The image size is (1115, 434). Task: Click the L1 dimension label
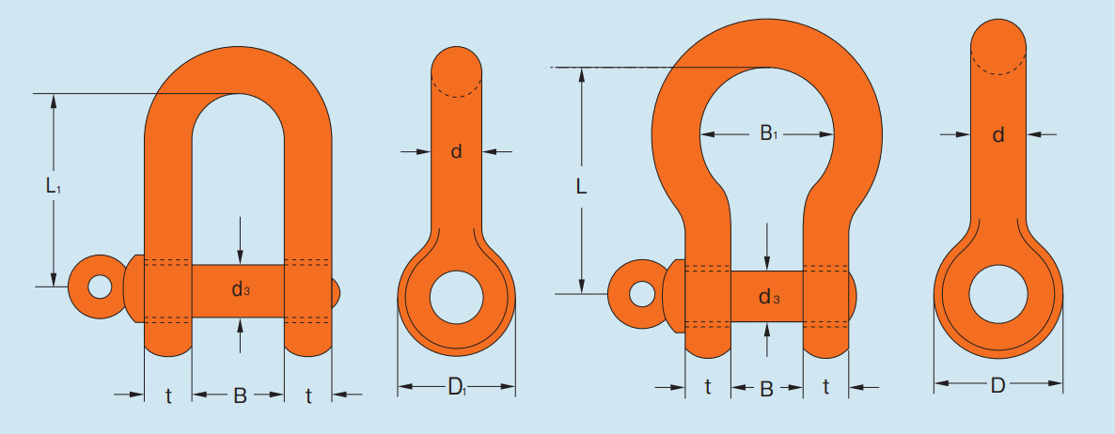point(53,187)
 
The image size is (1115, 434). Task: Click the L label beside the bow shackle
point(582,186)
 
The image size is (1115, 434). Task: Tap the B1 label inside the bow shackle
point(768,132)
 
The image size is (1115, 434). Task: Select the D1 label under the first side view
point(457,387)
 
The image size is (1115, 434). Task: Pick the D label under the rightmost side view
point(997,385)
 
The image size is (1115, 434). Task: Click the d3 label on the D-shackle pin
point(241,290)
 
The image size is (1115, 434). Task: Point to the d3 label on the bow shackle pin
point(769,297)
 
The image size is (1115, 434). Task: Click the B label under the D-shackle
point(240,395)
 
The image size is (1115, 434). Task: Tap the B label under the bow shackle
point(766,389)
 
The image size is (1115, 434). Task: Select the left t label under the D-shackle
point(168,396)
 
